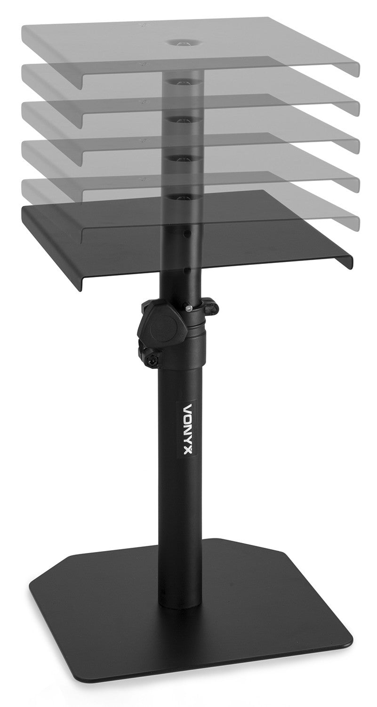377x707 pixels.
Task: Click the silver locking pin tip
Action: click(187, 309)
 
